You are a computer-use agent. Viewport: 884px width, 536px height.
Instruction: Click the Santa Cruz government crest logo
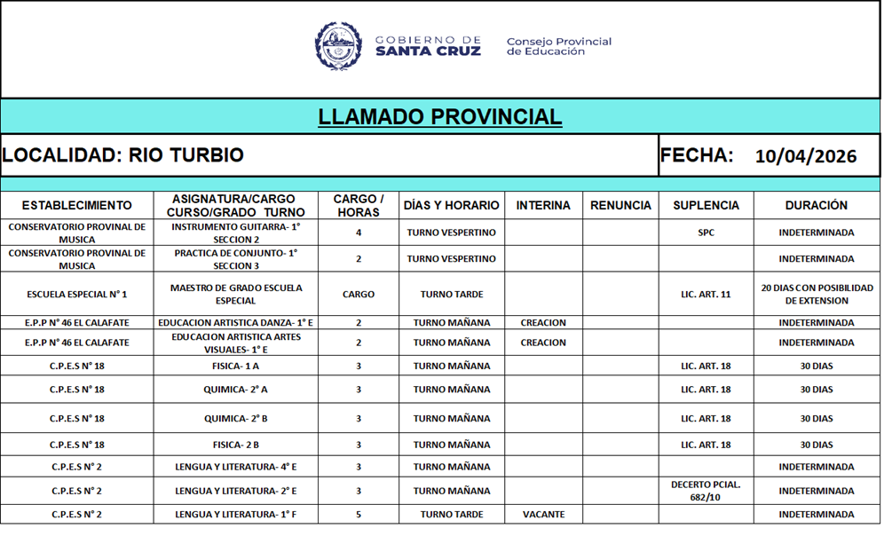click(x=338, y=45)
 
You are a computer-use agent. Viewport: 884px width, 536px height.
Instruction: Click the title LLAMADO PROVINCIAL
click(x=440, y=117)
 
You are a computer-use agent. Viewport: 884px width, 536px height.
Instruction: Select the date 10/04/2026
click(x=806, y=157)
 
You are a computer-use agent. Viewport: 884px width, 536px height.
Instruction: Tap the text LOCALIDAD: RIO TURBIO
click(x=122, y=155)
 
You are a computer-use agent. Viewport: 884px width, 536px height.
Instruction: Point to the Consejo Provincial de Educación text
click(x=558, y=46)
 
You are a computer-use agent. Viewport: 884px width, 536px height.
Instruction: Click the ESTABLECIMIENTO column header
click(x=77, y=205)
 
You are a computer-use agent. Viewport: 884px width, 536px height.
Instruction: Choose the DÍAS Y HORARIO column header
click(x=451, y=205)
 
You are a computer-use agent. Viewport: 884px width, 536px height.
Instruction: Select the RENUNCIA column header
click(x=620, y=205)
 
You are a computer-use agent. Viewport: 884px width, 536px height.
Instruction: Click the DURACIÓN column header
click(x=817, y=205)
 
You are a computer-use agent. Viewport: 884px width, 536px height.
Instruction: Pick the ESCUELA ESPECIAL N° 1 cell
click(x=77, y=294)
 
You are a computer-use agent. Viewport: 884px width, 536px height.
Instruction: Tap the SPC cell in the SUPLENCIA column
click(x=706, y=233)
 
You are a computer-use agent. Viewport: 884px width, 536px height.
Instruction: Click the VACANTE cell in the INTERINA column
click(x=543, y=515)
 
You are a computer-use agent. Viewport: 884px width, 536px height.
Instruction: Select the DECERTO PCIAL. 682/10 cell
click(x=706, y=491)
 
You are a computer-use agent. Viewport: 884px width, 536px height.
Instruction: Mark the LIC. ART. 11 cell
click(x=706, y=294)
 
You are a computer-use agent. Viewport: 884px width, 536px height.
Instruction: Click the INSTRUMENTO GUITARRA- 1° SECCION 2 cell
click(x=236, y=233)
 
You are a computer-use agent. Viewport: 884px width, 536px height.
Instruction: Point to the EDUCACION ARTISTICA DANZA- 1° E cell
click(x=236, y=323)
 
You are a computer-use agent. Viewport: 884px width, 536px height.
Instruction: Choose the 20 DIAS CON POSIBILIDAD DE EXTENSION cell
click(x=817, y=294)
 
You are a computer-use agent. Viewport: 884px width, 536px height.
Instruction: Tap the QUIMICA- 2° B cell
click(x=236, y=419)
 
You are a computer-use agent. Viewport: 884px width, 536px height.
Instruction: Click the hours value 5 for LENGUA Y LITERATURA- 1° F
click(x=359, y=515)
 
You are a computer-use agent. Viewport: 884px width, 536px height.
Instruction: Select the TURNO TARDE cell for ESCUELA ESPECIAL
click(x=451, y=294)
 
